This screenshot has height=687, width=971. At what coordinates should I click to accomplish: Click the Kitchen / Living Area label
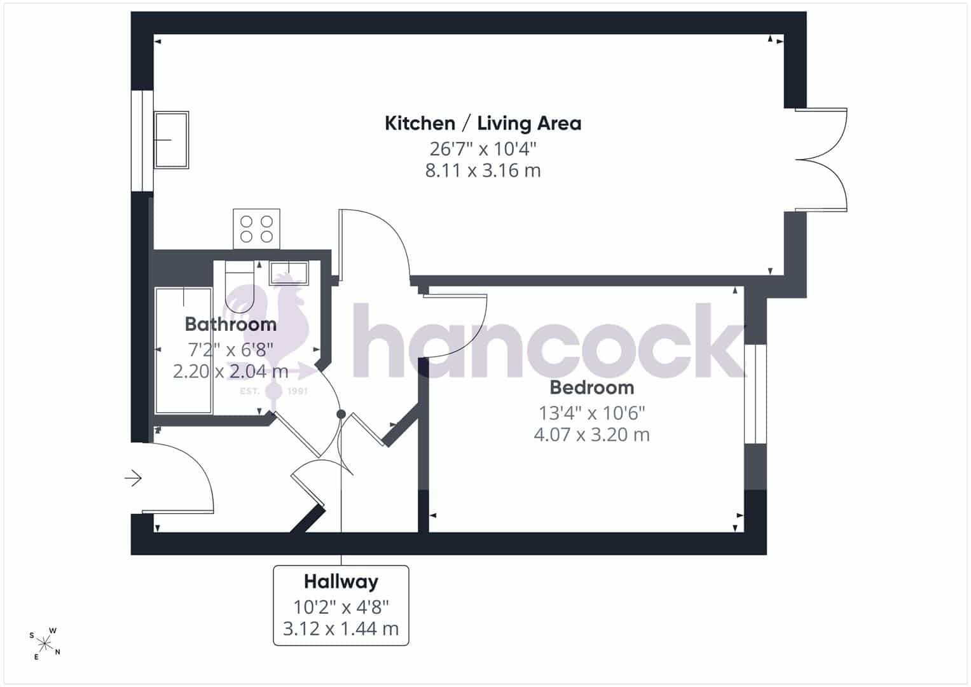(483, 123)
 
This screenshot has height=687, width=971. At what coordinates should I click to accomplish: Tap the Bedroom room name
(592, 387)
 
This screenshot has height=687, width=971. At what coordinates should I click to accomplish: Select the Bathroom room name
(231, 324)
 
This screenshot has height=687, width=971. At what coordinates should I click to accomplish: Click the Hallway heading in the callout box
(341, 582)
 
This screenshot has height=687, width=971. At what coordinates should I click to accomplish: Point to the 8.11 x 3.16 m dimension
(483, 170)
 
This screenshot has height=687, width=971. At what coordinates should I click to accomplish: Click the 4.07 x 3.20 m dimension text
(592, 434)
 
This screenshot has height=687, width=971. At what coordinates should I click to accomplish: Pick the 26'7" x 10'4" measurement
(483, 149)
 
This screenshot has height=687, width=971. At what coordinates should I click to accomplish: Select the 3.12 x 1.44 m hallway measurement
(341, 628)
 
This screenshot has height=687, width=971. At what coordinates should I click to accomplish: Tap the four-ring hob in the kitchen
(257, 229)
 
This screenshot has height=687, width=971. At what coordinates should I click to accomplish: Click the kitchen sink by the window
(171, 140)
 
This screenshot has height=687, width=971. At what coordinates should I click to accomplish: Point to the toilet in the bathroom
(240, 286)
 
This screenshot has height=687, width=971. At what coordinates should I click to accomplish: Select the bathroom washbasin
(289, 274)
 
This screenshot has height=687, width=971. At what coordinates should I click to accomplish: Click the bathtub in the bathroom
(183, 351)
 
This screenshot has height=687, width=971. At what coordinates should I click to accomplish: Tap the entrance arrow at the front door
(133, 478)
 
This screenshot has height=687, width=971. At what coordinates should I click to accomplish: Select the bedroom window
(755, 394)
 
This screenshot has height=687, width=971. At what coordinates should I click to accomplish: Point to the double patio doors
(820, 160)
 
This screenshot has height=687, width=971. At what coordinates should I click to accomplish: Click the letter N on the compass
(58, 652)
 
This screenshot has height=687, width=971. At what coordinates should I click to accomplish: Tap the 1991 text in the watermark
(298, 391)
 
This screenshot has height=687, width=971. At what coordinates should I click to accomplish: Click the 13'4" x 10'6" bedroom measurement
(592, 413)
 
